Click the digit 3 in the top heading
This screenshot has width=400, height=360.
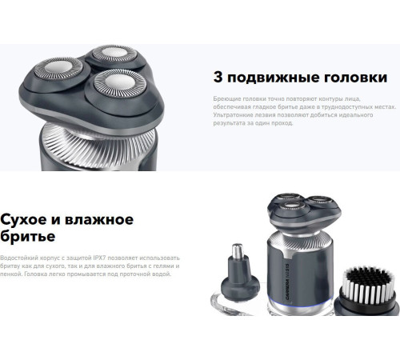(x=218, y=78)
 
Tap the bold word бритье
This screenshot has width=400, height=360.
(x=31, y=238)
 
